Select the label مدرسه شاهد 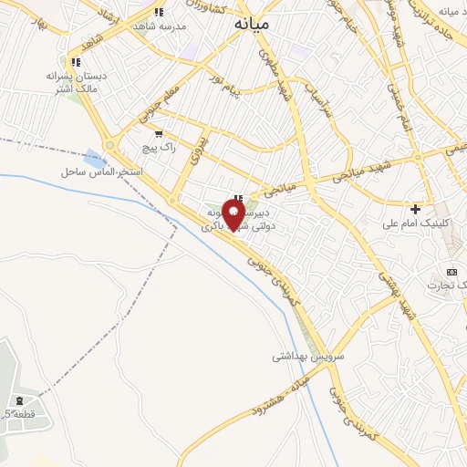pos(165,26)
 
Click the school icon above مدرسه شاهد pos(159,12)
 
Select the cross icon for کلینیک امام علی pos(415,209)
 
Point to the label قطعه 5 pos(19,414)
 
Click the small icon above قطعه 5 pos(20,400)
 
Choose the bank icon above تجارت pos(451,272)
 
